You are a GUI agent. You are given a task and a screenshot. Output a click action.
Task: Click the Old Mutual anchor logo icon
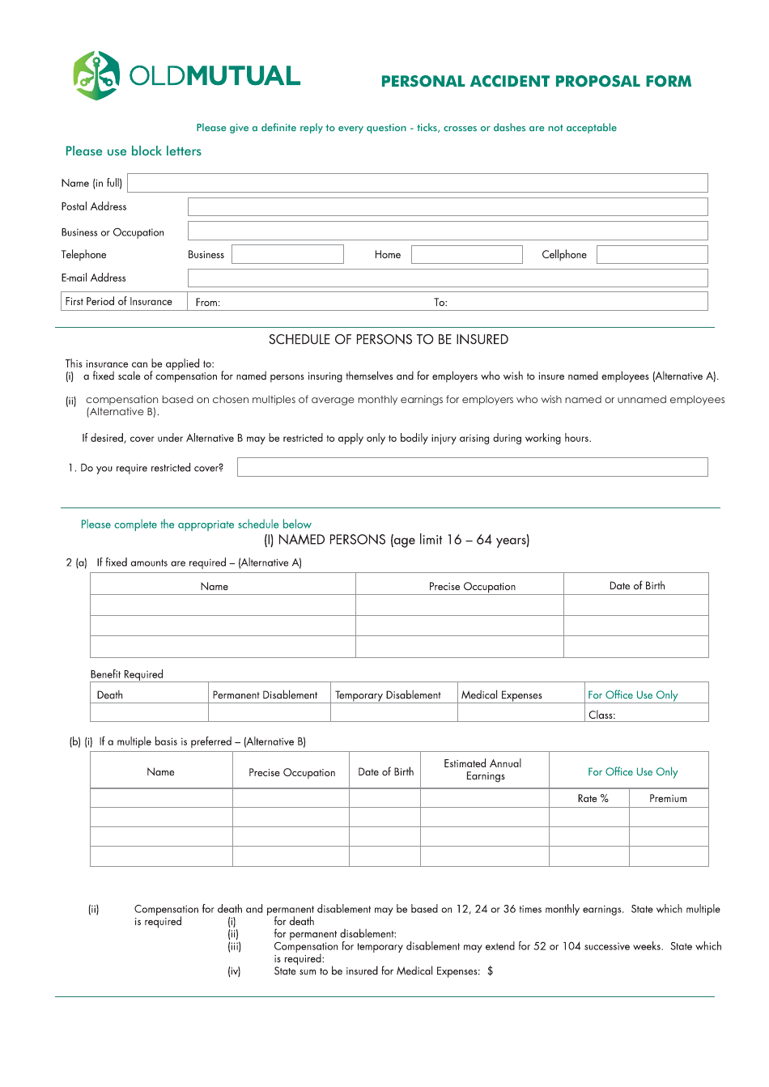[x=96, y=75]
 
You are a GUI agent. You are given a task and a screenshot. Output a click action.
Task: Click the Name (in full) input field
[x=417, y=183]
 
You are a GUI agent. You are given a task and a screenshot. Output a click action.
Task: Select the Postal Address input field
[x=448, y=207]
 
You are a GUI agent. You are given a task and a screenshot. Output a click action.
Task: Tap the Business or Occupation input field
[x=448, y=231]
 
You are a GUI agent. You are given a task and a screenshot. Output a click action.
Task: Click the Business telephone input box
[x=287, y=255]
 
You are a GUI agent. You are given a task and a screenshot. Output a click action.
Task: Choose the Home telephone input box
[x=466, y=255]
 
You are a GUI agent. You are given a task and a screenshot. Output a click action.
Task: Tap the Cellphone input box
[x=652, y=255]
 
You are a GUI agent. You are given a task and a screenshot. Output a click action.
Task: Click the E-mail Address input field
[x=448, y=278]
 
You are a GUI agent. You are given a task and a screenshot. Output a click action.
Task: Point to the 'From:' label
[x=208, y=303]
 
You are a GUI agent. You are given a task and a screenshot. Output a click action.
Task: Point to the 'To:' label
[x=440, y=303]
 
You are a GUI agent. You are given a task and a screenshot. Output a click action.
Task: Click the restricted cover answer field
[x=472, y=467]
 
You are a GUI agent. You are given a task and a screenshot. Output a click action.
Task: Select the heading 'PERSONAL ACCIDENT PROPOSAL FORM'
[x=536, y=82]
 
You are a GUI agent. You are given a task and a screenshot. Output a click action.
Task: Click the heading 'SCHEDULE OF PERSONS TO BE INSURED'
[x=389, y=340]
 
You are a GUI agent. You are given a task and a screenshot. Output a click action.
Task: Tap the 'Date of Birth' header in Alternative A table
[x=637, y=586]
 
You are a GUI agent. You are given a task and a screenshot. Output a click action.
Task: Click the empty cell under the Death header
[x=149, y=713]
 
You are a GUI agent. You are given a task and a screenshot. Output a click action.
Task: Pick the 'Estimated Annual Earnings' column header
[x=483, y=770]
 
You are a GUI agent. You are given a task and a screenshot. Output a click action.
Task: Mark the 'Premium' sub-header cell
[x=668, y=799]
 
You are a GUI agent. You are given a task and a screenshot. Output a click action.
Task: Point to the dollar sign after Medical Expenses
[x=491, y=971]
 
